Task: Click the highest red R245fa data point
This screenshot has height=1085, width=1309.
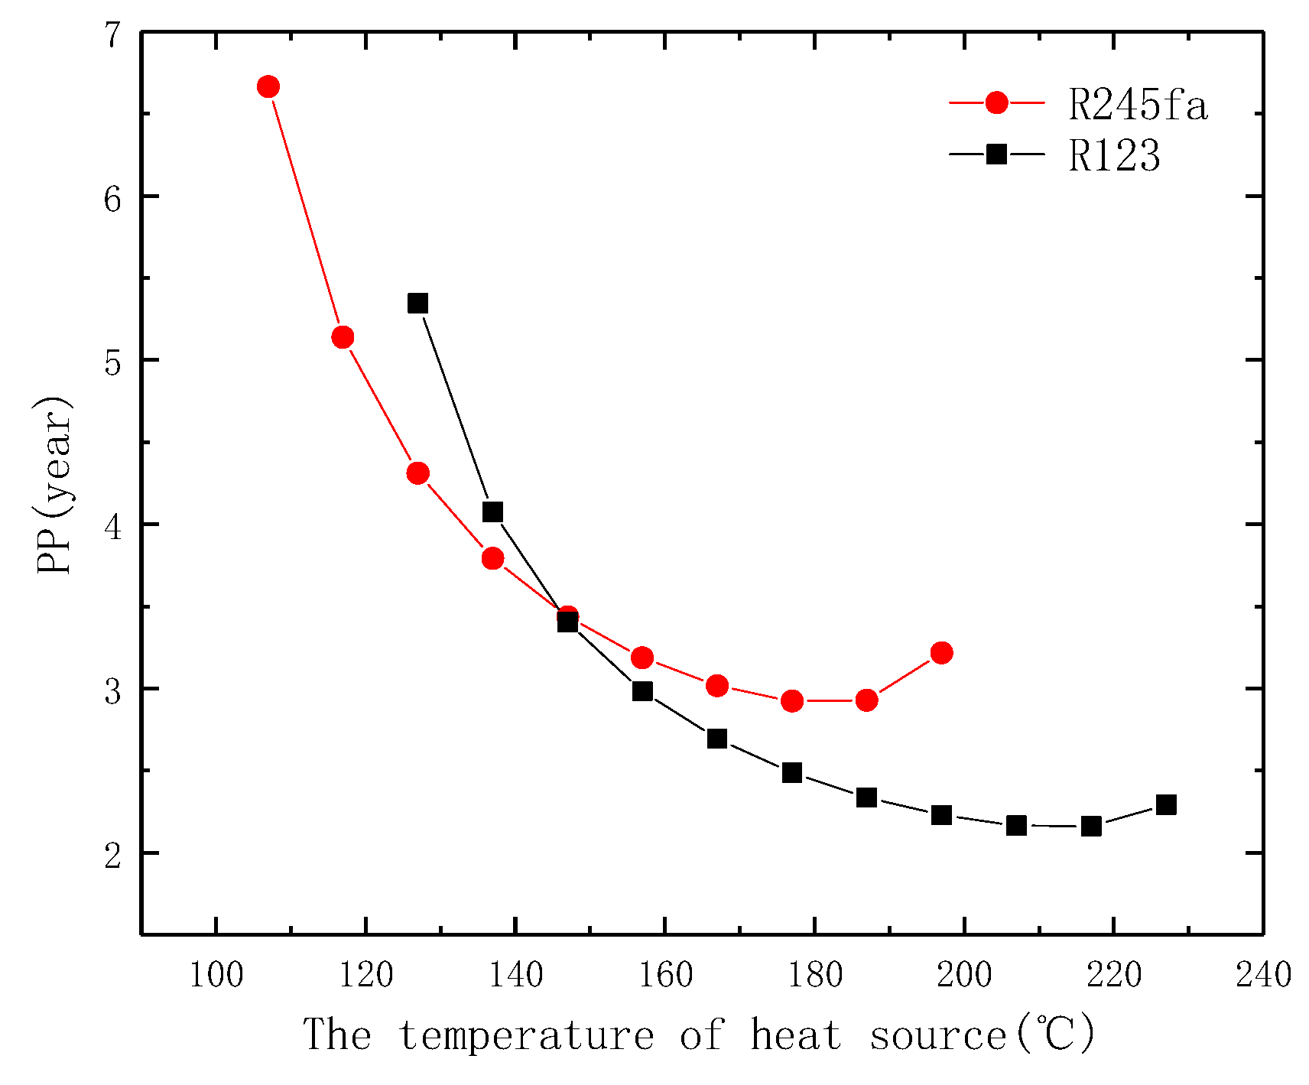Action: [268, 86]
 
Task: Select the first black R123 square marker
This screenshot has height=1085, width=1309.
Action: [417, 304]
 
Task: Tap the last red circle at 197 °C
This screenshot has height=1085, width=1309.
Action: [941, 652]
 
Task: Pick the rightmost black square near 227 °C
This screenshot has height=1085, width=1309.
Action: [1165, 804]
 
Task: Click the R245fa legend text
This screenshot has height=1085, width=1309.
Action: [1138, 105]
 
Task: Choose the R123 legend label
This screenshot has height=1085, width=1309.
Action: [1114, 155]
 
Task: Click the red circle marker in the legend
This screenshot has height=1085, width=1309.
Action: [996, 102]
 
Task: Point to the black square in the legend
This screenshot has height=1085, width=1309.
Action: [996, 154]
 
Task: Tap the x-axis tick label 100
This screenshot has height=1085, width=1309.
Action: [216, 976]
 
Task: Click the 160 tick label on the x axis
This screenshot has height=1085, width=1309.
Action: [665, 976]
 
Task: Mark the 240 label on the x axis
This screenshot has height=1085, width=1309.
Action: [1263, 976]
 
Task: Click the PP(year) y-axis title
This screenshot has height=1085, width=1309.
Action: [55, 486]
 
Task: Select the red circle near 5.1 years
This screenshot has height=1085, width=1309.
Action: [343, 337]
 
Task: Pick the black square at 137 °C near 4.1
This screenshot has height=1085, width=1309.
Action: [492, 512]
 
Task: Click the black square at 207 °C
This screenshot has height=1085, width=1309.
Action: [1015, 825]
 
